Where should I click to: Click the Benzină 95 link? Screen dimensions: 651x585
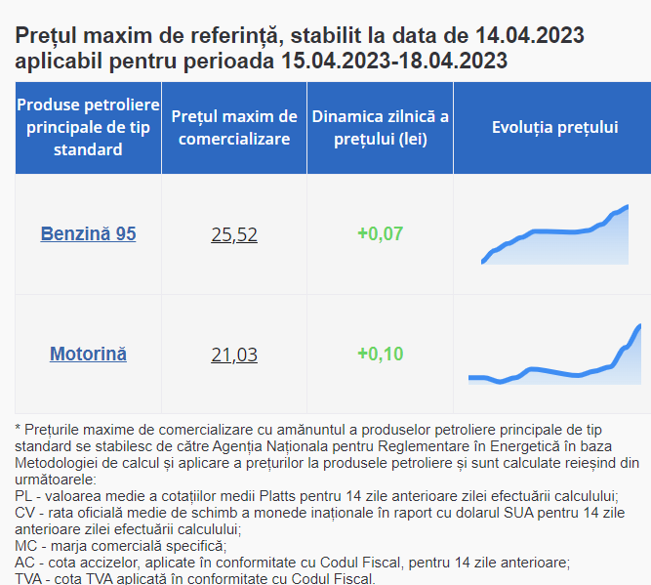[88, 233]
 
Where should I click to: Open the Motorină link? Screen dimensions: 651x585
[88, 354]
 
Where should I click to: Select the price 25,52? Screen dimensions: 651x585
[234, 234]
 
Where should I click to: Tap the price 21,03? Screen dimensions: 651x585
[234, 355]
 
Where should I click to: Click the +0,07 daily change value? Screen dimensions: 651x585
[381, 233]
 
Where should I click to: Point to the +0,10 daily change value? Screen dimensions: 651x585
[381, 354]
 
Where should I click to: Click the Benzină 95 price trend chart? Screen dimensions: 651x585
[554, 234]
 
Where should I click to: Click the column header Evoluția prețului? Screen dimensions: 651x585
[554, 127]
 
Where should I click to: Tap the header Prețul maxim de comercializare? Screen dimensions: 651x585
[234, 128]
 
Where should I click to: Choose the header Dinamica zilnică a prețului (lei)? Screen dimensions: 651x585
[381, 128]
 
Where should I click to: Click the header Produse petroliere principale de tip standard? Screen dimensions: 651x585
[88, 127]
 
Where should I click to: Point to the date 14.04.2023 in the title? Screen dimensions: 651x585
[530, 35]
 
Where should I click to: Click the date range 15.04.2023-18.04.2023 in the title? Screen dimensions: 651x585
[394, 61]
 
